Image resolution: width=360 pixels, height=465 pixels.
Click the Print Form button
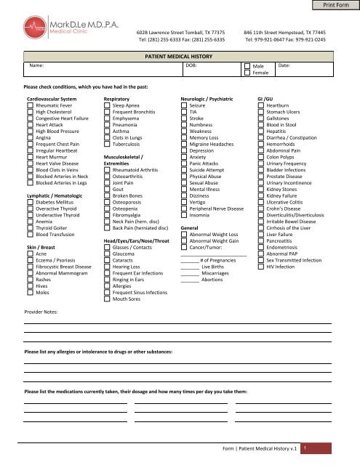[x=335, y=7]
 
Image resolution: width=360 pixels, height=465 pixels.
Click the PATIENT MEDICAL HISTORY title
[x=180, y=54]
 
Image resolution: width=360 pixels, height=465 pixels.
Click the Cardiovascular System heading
[x=51, y=97]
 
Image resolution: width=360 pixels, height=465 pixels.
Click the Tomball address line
[x=180, y=33]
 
